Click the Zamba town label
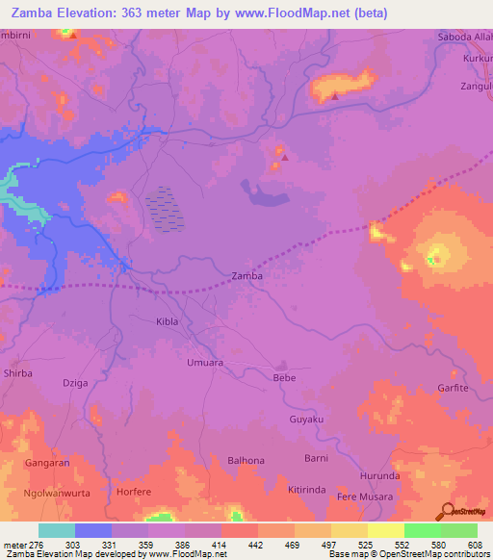click(247, 276)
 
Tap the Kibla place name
click(167, 321)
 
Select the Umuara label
click(204, 363)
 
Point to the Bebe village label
click(284, 379)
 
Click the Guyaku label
click(307, 420)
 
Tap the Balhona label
click(246, 461)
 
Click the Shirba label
click(18, 372)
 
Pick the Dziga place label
click(75, 383)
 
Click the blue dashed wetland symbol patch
click(165, 208)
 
